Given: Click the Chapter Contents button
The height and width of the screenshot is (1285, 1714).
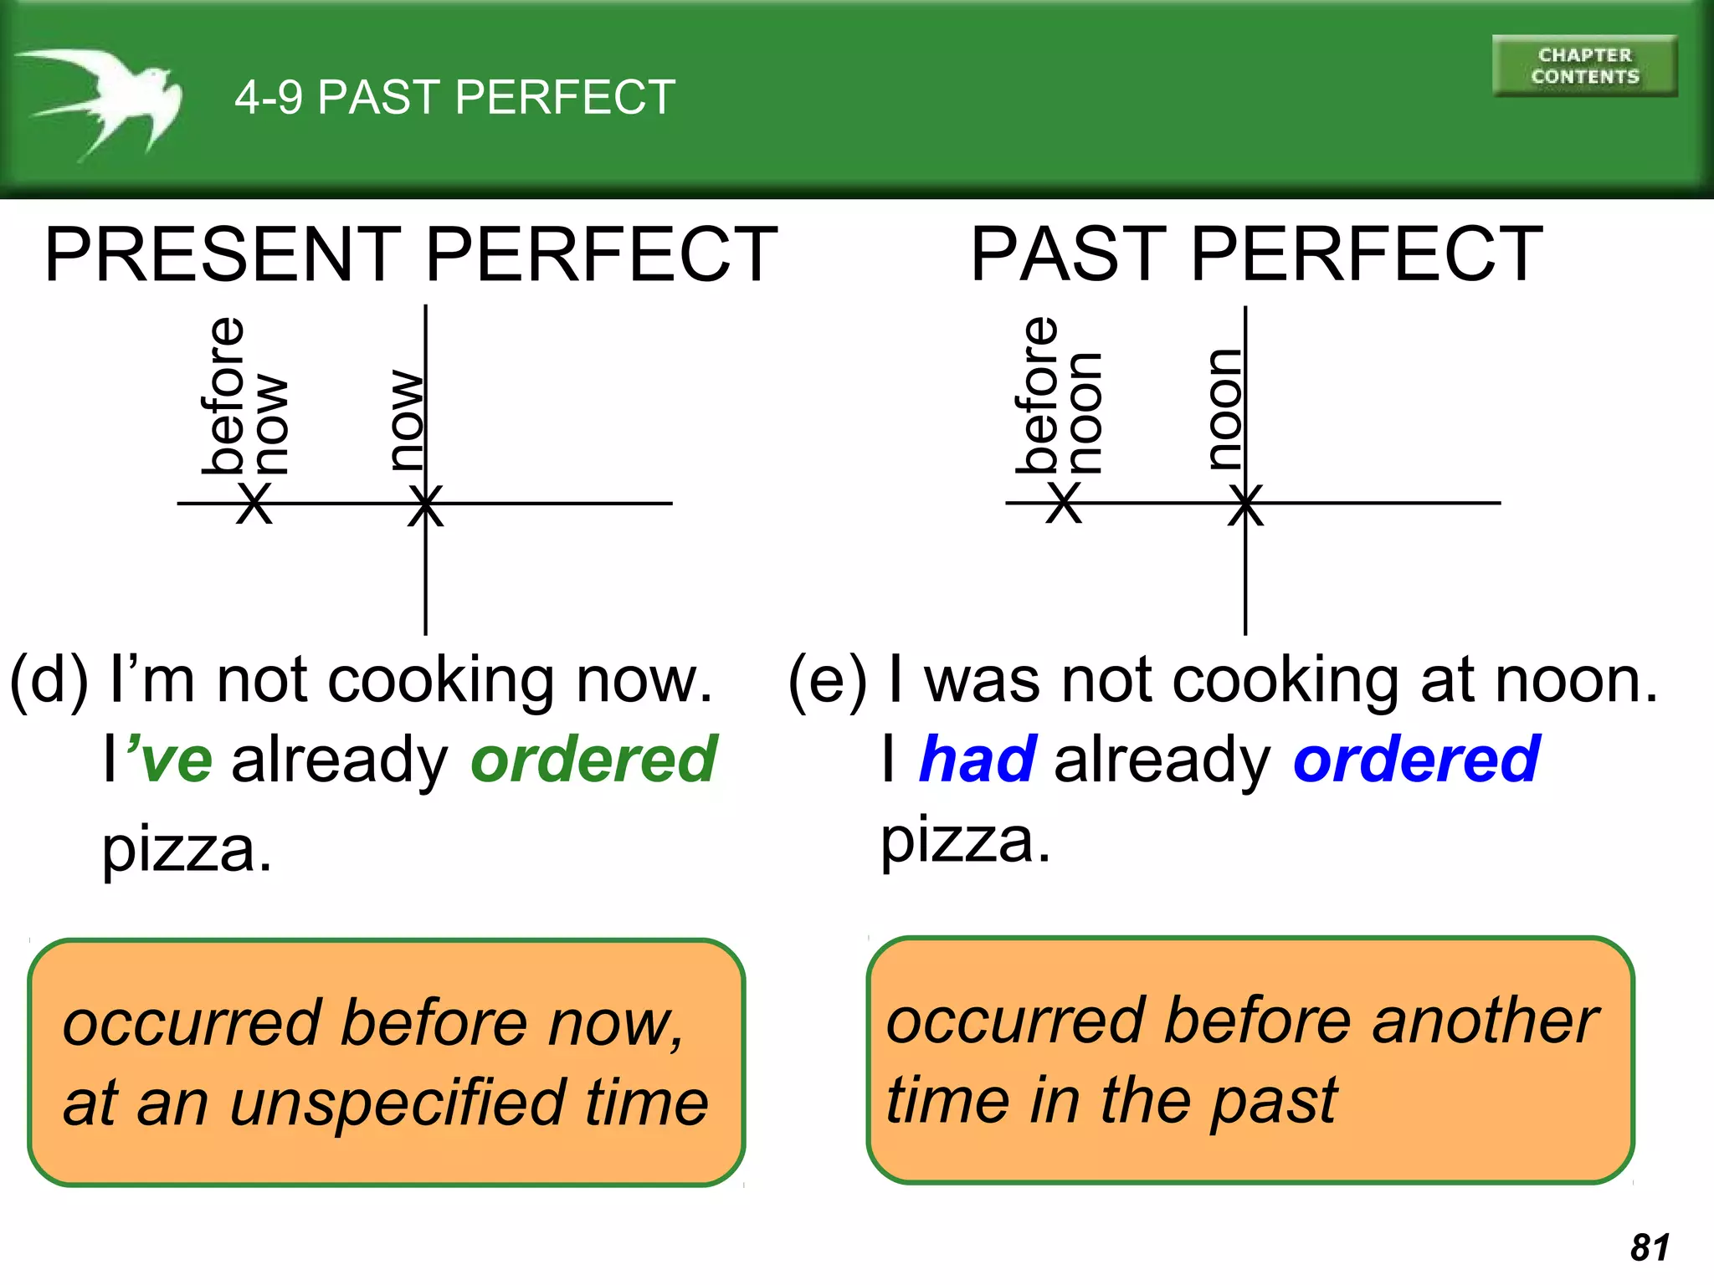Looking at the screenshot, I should tap(1584, 66).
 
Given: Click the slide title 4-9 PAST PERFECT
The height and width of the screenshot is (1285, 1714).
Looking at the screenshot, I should tap(454, 97).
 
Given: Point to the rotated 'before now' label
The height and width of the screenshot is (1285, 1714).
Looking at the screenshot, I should tap(244, 396).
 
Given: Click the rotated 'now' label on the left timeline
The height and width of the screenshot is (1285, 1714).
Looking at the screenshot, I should tap(407, 420).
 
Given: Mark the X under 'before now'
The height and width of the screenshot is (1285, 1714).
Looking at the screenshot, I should tap(254, 504).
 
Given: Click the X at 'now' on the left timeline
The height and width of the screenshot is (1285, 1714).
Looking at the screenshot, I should tap(425, 505).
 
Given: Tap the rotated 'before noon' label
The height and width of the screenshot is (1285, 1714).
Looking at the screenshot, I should tap(1060, 396).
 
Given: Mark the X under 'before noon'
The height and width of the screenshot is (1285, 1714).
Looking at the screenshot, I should tap(1065, 504).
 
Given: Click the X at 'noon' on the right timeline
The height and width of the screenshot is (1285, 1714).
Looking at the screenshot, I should tap(1245, 505).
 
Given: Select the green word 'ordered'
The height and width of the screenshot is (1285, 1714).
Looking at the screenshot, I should tap(593, 760).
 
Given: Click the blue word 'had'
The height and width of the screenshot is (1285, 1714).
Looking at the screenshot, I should tap(978, 760).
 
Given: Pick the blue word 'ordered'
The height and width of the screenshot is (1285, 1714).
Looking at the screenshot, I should tap(1416, 760).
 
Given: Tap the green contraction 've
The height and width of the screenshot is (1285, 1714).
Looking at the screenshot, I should tap(169, 760).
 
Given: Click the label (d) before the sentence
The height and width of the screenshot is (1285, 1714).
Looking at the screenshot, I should tap(49, 681).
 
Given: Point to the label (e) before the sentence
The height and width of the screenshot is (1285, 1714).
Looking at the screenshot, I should tap(827, 681).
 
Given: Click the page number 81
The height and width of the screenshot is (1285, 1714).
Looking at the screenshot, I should tap(1650, 1247).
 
